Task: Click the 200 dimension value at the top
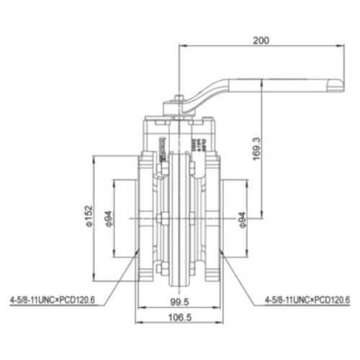pos(261,40)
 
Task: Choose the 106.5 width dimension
pos(179,318)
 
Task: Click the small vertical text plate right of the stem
pos(192,141)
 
